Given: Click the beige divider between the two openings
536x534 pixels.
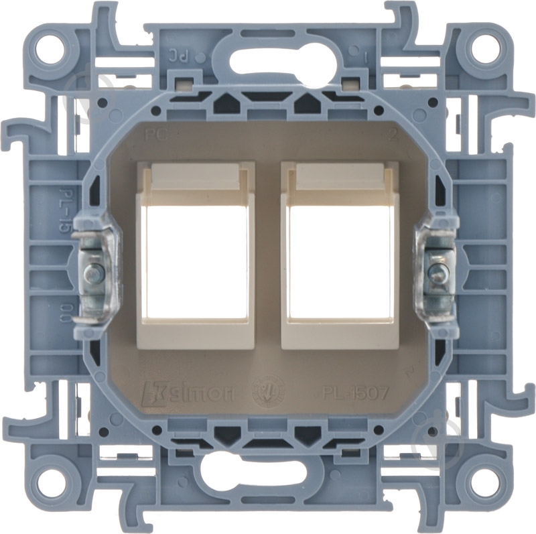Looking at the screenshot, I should pos(268,255).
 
